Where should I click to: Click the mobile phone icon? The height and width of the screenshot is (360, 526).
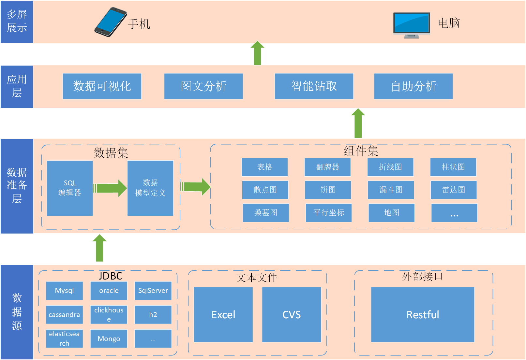[111, 22]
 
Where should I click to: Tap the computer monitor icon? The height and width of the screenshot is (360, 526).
[412, 25]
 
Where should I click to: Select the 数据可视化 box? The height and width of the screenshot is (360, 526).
[102, 86]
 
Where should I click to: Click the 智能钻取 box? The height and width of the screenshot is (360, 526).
[314, 86]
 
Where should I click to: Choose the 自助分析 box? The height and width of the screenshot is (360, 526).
[413, 86]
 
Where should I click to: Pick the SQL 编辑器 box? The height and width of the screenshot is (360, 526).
[70, 188]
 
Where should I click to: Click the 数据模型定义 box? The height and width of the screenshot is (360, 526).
[150, 188]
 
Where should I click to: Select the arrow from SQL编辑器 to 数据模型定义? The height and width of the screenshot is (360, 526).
[110, 188]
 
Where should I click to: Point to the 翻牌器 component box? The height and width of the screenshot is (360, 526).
[328, 167]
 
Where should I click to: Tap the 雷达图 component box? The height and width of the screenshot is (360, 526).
[454, 190]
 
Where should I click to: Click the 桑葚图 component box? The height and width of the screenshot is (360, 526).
[266, 213]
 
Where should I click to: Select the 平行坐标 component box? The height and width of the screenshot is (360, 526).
[329, 213]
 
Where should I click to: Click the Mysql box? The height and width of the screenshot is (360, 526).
[65, 291]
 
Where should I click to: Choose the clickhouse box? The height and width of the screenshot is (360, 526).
[109, 315]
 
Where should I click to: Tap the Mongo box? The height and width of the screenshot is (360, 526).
[109, 339]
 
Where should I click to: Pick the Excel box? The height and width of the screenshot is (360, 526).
[223, 315]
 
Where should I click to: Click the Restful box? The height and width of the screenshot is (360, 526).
[423, 315]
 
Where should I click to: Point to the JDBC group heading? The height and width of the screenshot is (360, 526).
[111, 276]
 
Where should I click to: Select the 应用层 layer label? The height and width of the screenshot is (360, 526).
[17, 86]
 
